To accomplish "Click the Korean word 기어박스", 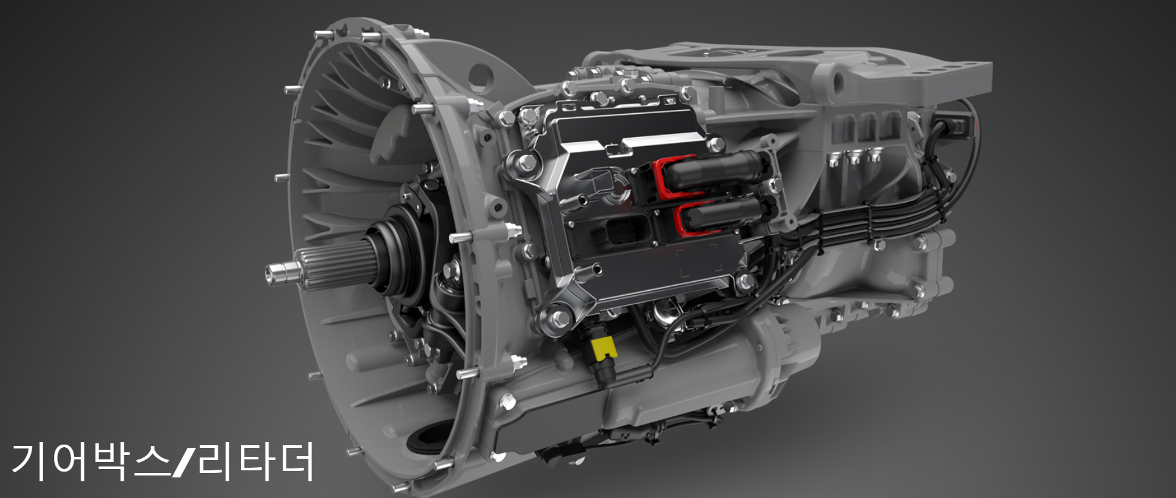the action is point(90,460).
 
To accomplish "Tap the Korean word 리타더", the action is point(256,460).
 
